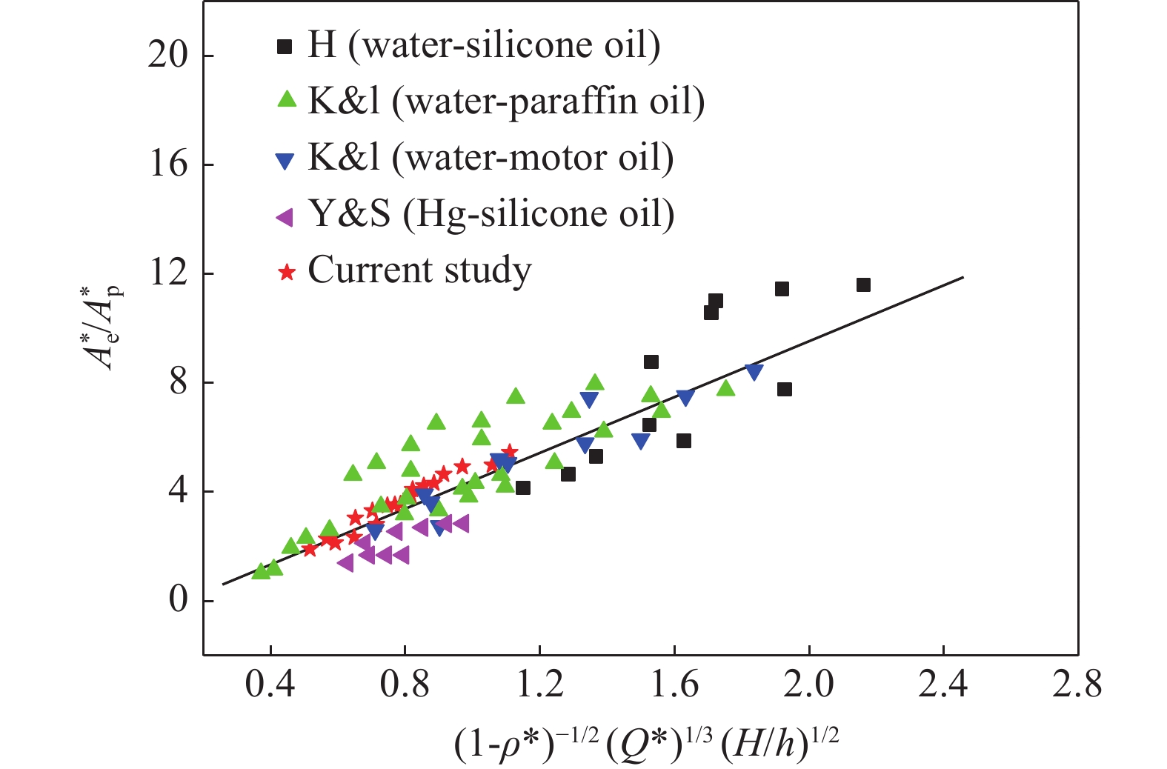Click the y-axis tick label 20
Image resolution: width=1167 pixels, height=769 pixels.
click(x=167, y=56)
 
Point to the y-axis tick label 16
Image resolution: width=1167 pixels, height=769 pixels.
click(x=167, y=164)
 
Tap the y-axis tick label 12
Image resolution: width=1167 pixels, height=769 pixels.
click(x=167, y=273)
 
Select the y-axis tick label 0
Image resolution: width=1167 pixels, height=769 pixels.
click(x=178, y=600)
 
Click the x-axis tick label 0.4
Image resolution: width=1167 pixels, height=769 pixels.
click(x=270, y=685)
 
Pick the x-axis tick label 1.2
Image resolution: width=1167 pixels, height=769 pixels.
click(x=539, y=685)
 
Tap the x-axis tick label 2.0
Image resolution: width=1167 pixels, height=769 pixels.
click(x=808, y=685)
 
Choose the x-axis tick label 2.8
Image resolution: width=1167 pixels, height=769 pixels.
click(x=1077, y=685)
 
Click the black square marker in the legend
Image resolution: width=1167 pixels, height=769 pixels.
click(x=285, y=47)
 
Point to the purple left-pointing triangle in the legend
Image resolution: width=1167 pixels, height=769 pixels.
click(x=285, y=216)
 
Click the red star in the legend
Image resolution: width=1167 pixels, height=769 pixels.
click(x=286, y=272)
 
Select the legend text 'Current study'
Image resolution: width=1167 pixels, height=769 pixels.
click(x=419, y=270)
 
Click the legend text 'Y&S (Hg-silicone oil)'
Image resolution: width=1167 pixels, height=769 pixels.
click(x=491, y=215)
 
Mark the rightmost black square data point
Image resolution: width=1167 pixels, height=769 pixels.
click(x=863, y=285)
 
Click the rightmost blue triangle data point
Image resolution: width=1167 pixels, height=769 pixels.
click(x=754, y=372)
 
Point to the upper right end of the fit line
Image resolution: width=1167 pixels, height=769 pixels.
click(x=962, y=277)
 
